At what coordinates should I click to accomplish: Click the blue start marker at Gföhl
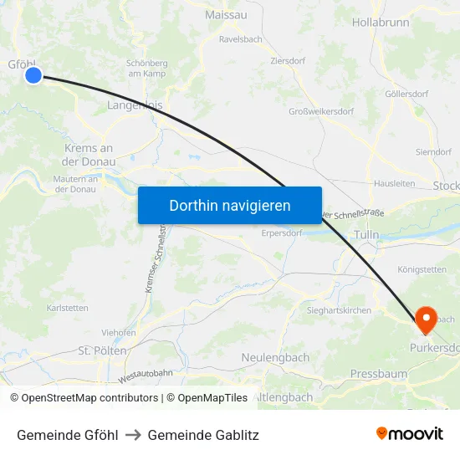click(33, 75)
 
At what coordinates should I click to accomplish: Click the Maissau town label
click(226, 14)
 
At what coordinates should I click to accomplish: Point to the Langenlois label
click(135, 105)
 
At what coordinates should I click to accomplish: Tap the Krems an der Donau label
click(89, 154)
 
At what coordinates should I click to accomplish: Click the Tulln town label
click(368, 236)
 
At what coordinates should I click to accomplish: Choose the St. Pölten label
click(101, 350)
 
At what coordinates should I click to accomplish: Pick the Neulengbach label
click(275, 357)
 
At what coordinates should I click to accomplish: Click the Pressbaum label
click(379, 373)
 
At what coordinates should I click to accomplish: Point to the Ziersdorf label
click(289, 61)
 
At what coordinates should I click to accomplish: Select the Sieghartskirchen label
click(338, 310)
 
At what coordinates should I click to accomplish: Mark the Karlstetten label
click(68, 308)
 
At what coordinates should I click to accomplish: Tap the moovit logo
click(410, 433)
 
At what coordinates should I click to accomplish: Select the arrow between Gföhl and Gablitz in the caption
click(133, 435)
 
